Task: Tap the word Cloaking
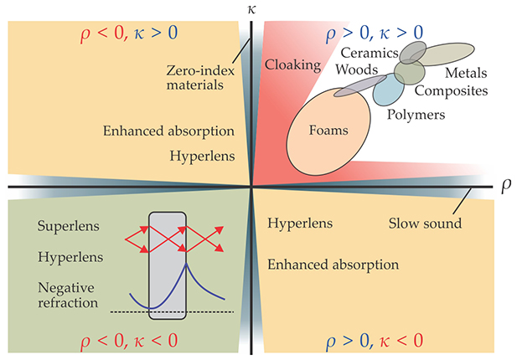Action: click(287, 64)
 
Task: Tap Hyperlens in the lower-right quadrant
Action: click(300, 224)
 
